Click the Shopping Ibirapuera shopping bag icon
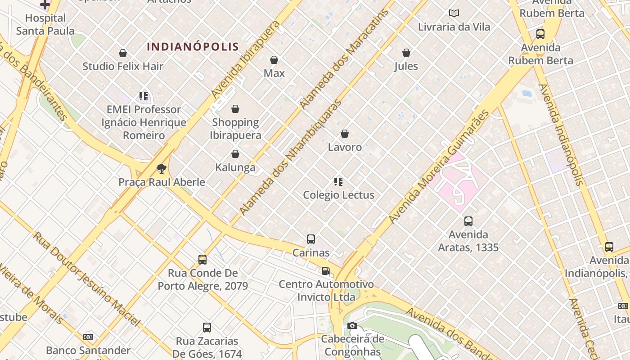[x=235, y=109]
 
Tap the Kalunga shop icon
[x=235, y=154]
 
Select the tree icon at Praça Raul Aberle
[x=162, y=169]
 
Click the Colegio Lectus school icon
[x=338, y=182]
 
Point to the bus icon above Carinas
[x=311, y=239]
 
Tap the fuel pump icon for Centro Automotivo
[x=326, y=271]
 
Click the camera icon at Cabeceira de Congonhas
[x=352, y=325]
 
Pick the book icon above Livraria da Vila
[x=454, y=13]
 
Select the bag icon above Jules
[x=406, y=53]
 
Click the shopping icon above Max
[x=274, y=60]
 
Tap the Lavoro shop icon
[x=345, y=134]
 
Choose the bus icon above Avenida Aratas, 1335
[x=468, y=221]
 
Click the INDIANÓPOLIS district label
[x=193, y=47]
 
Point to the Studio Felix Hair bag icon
[x=123, y=53]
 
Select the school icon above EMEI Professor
[x=144, y=96]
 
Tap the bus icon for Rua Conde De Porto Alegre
[x=202, y=260]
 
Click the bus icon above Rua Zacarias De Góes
[x=207, y=328]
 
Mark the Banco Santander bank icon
[x=88, y=337]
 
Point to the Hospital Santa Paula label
[x=45, y=24]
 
